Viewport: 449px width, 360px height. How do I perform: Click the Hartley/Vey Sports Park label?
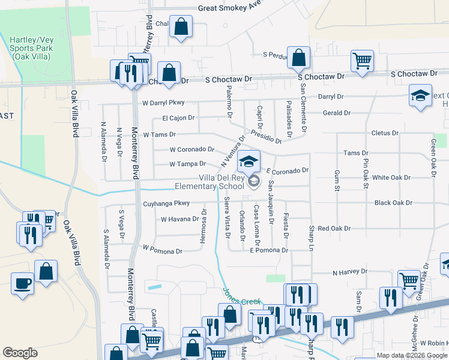[x=32, y=47]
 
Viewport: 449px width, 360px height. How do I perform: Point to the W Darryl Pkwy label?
[x=163, y=103]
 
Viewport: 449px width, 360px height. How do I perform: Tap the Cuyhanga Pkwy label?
[x=166, y=204]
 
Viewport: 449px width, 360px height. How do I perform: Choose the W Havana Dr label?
[x=179, y=219]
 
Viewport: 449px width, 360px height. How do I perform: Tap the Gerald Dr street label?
[x=337, y=113]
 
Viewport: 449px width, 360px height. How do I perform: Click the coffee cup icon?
[x=23, y=282]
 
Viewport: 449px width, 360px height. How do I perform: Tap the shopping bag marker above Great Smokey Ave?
[x=180, y=26]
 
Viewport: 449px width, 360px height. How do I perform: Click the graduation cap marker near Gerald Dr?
[x=420, y=94]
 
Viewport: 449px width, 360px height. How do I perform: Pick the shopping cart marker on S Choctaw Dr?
[x=362, y=60]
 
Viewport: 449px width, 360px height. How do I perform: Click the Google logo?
[x=20, y=353]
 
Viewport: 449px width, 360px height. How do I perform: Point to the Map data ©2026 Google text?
[x=411, y=355]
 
